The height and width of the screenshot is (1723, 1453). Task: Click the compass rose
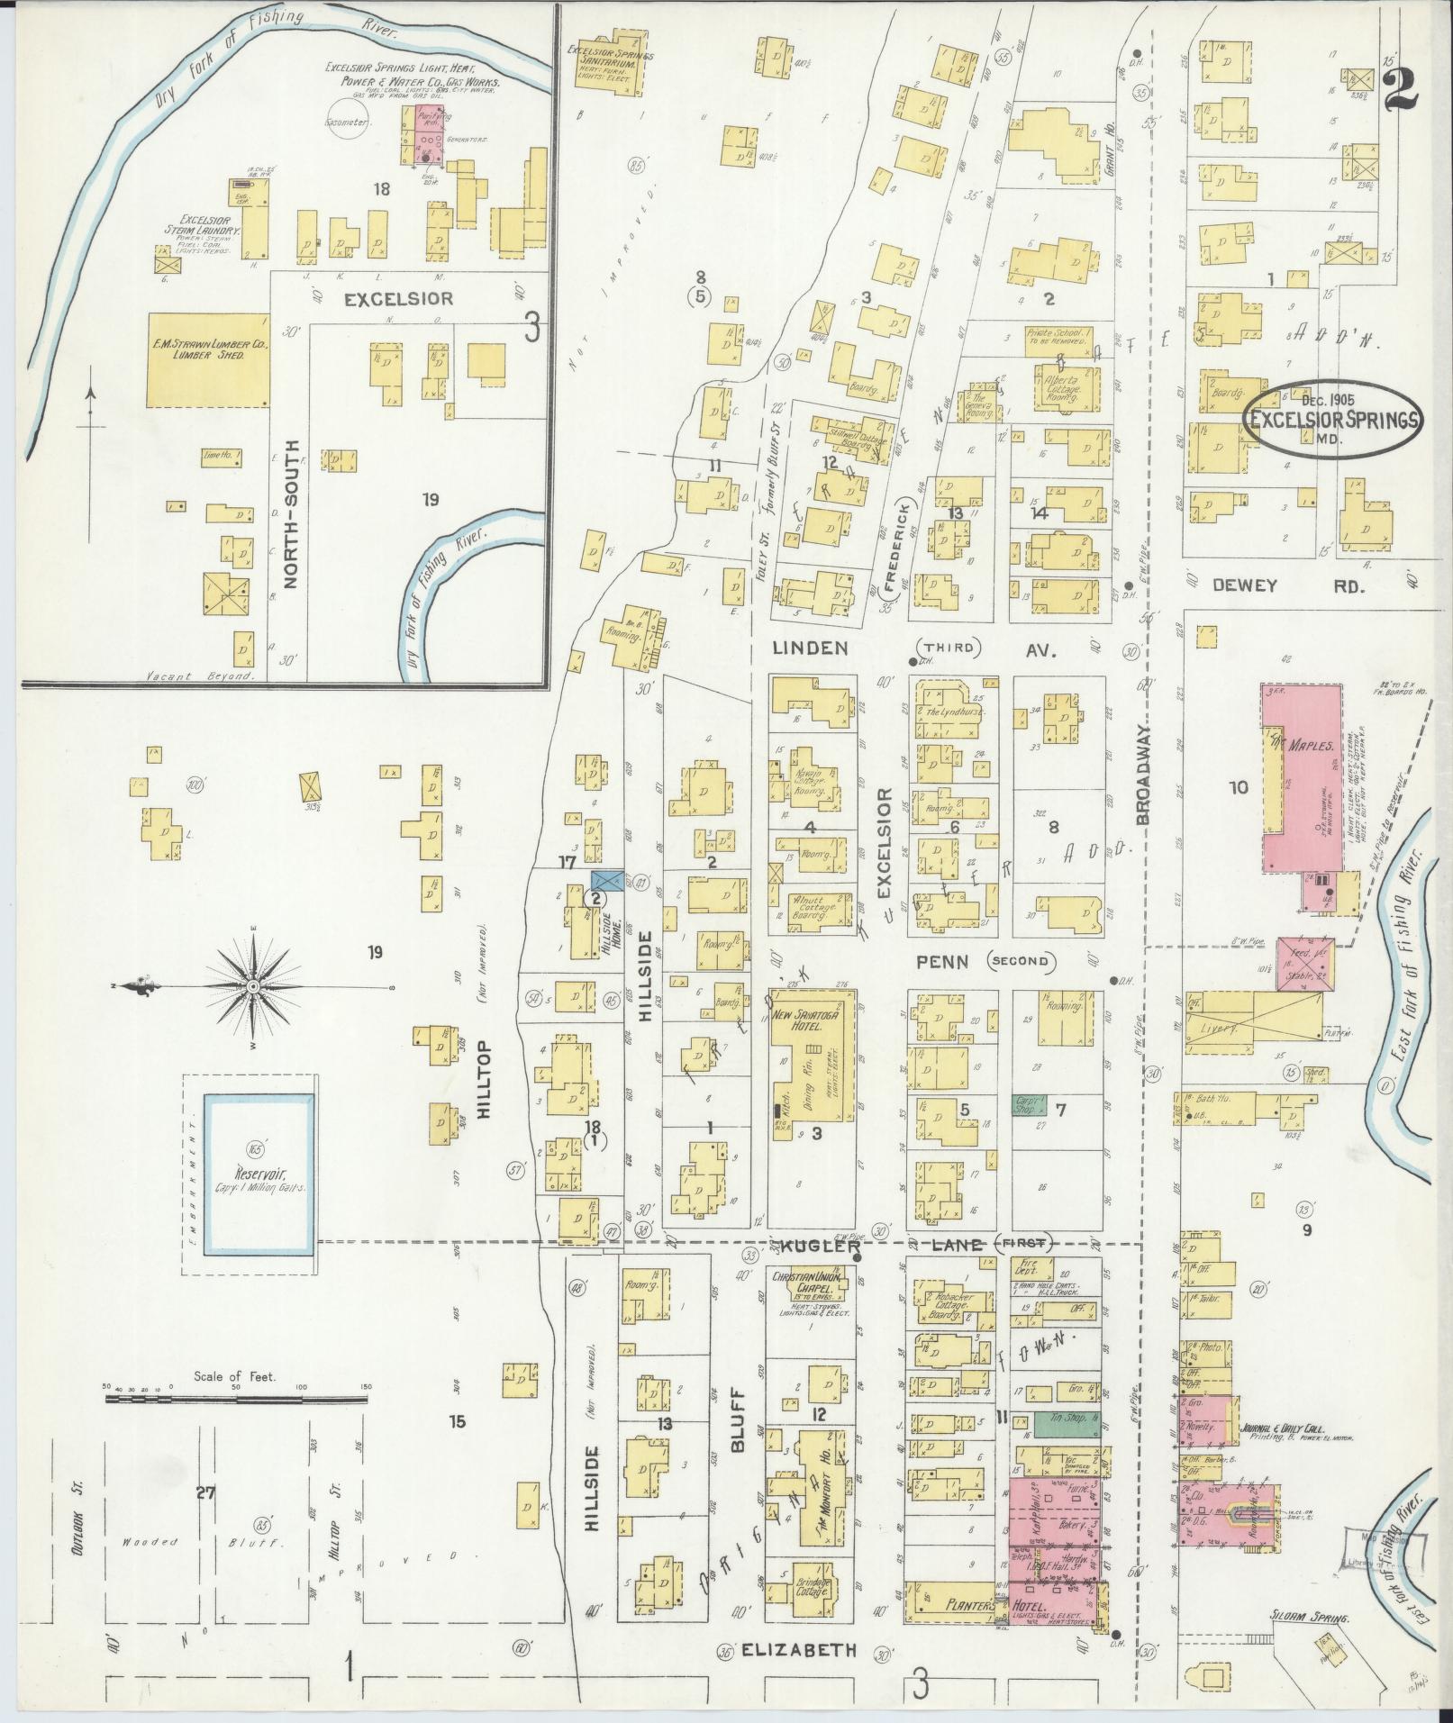[x=254, y=988]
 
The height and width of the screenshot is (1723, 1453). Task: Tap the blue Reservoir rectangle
[x=258, y=1174]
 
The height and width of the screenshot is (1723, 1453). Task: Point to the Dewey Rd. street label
[x=1288, y=585]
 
